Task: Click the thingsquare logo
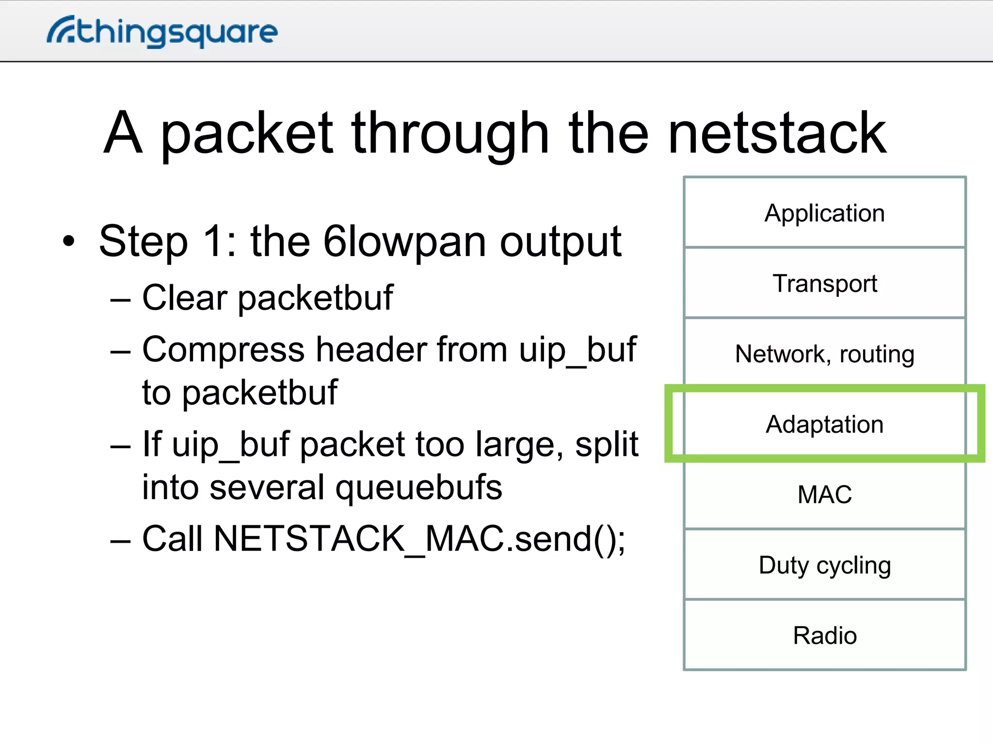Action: pyautogui.click(x=162, y=32)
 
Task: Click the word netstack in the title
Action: pyautogui.click(x=777, y=133)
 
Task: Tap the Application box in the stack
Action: pyautogui.click(x=824, y=213)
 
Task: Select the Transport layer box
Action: pyautogui.click(x=824, y=283)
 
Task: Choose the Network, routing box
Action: pyautogui.click(x=824, y=354)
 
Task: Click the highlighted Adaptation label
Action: pyautogui.click(x=824, y=424)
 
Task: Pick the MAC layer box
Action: pyautogui.click(x=824, y=495)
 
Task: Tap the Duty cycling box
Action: pyautogui.click(x=824, y=565)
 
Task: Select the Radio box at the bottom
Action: pyautogui.click(x=824, y=635)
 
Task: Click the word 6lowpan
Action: pyautogui.click(x=404, y=243)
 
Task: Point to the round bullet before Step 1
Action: pyautogui.click(x=69, y=242)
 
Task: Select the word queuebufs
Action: pyautogui.click(x=418, y=488)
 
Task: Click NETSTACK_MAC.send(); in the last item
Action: pyautogui.click(x=419, y=539)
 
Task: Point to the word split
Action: pyautogui.click(x=607, y=445)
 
